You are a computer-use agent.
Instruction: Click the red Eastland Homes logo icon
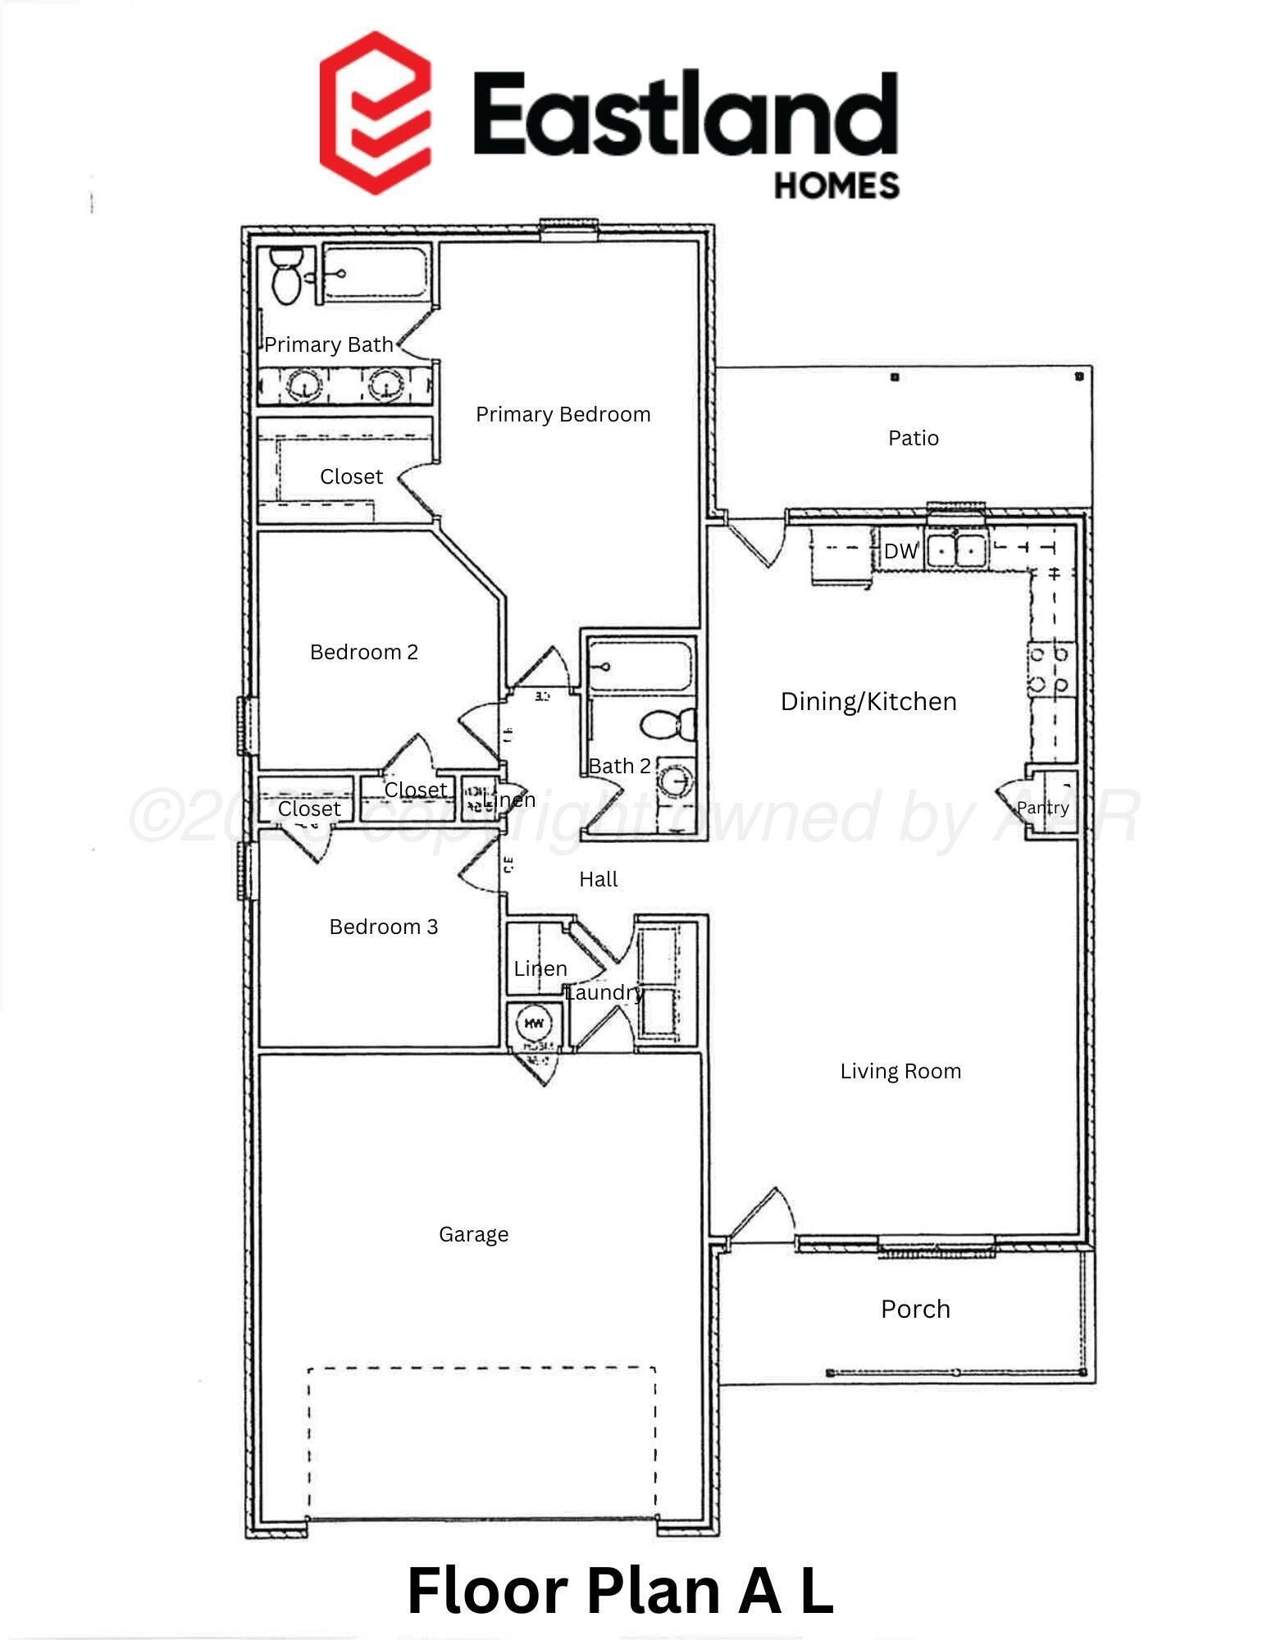tap(375, 112)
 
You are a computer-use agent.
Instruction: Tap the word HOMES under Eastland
tap(836, 186)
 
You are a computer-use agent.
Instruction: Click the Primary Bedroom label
tap(563, 415)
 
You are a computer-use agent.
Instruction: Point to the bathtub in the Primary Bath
tap(375, 273)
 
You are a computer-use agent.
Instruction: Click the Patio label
tap(913, 439)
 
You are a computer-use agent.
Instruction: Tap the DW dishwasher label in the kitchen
tap(900, 552)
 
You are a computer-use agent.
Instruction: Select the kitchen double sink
tap(956, 549)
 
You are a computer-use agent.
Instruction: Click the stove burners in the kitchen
tap(1050, 669)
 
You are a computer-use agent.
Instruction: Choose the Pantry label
tap(1042, 809)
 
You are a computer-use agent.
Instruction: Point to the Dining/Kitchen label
tap(868, 702)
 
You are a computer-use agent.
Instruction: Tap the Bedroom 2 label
tap(363, 653)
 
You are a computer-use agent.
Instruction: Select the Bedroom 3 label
tap(383, 927)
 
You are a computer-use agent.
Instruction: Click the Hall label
tap(598, 880)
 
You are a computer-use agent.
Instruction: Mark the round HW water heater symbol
tap(534, 1023)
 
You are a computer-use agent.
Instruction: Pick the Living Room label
tap(900, 1072)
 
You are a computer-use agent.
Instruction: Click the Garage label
tap(473, 1235)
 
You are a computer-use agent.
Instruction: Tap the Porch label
tap(915, 1310)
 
